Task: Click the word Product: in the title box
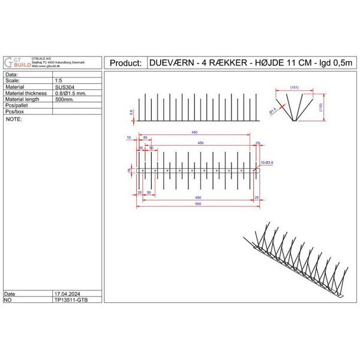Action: (126, 63)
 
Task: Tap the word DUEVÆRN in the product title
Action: (172, 63)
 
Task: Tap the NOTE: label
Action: (13, 119)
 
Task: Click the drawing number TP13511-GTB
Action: (71, 301)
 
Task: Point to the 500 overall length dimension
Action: (197, 204)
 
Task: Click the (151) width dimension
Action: (294, 88)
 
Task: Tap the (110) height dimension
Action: (322, 108)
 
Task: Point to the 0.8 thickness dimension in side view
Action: (131, 111)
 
